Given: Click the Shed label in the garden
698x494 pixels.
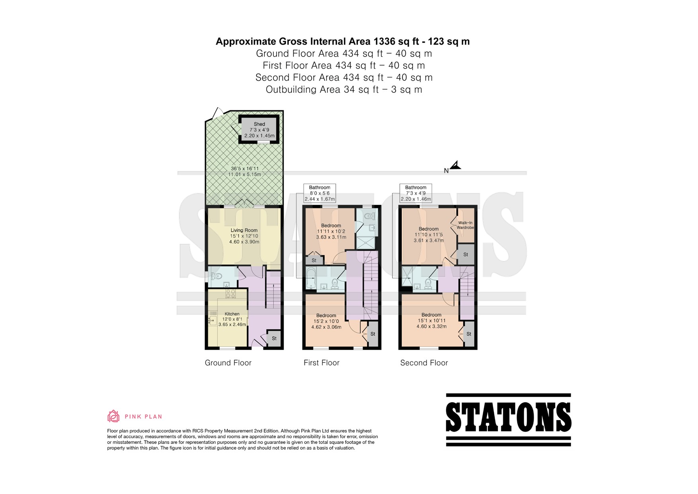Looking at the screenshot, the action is point(259,124).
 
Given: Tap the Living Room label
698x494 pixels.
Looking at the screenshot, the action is point(244,230).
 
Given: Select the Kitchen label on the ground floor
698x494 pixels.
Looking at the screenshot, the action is point(232,314).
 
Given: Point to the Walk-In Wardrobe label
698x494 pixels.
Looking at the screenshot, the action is point(465,225).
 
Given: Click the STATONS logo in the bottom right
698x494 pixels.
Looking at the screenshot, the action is point(509,420).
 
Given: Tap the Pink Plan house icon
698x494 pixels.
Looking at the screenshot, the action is point(113,416).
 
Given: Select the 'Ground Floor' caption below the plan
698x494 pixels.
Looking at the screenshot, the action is point(228,363).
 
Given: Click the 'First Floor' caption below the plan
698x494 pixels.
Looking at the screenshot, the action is point(322,363).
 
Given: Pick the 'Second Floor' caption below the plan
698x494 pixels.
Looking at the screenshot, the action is point(424,363).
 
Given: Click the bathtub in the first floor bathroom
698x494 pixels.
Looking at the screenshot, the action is point(311,278).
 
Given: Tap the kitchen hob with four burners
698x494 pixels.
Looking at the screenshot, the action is point(231,294).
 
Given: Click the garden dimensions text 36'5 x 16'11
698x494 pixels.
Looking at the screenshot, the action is point(244,169).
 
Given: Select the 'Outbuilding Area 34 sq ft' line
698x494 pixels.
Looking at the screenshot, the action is point(344,89).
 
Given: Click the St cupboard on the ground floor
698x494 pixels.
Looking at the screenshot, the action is point(274,338).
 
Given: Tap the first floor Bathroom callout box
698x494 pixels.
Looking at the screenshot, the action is point(320,193).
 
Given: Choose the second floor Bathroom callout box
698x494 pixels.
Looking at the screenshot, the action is point(416,193).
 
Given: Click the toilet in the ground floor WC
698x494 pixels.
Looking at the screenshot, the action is point(216,276).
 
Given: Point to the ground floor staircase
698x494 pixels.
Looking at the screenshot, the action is point(273,295).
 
